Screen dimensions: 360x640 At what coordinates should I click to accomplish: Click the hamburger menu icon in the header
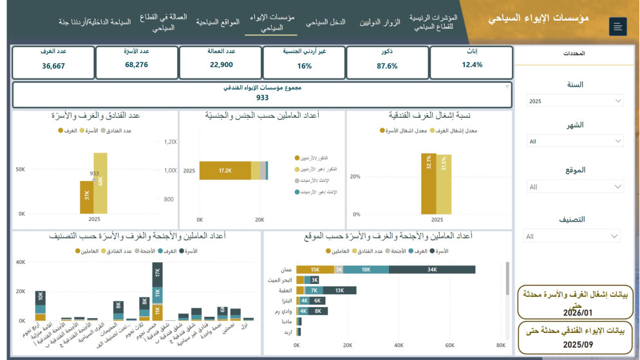[x=617, y=26]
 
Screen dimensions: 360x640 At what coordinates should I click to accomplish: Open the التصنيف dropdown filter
[x=571, y=236]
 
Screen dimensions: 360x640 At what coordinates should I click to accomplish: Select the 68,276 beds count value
[x=136, y=65]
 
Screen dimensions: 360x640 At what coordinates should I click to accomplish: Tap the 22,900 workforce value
[x=221, y=65]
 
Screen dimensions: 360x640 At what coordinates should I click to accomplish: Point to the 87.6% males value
[x=387, y=66]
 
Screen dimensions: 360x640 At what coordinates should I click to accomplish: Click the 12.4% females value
[x=472, y=65]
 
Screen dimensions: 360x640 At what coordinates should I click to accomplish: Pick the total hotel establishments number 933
[x=262, y=98]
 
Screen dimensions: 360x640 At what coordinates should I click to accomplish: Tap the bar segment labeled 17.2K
[x=225, y=171]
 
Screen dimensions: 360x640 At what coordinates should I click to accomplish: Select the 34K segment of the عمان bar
[x=431, y=269]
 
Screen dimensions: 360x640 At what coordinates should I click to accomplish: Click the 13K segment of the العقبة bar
[x=339, y=290]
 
